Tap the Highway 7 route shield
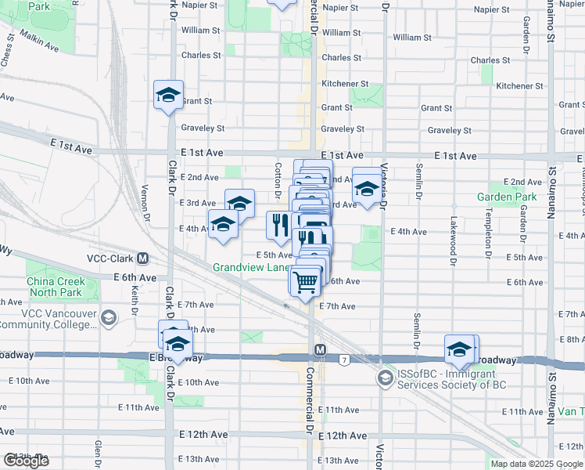[x=343, y=360]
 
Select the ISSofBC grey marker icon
[x=384, y=378]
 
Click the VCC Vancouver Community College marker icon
[x=108, y=318]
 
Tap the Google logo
[x=26, y=461]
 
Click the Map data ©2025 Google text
[x=537, y=464]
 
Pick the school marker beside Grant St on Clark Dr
[x=168, y=96]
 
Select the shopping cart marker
[x=306, y=280]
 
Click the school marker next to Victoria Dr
[x=366, y=188]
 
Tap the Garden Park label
[x=508, y=197]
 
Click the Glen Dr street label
[x=99, y=452]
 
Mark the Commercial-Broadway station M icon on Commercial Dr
[x=319, y=349]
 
